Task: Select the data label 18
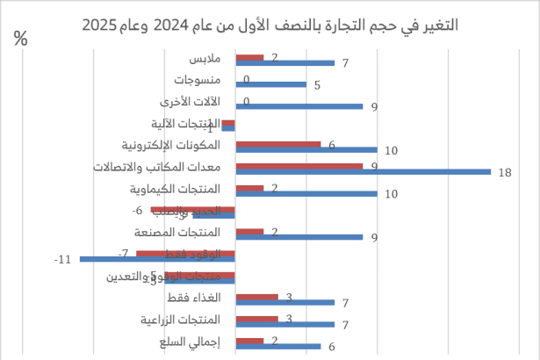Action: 504,172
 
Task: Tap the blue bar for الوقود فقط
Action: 157,259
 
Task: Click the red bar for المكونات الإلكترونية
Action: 277,144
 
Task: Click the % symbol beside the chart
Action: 22,40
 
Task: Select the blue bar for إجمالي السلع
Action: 277,347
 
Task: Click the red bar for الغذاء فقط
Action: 256,297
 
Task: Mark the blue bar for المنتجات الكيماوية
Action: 306,193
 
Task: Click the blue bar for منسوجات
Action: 270,85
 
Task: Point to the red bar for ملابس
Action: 249,58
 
